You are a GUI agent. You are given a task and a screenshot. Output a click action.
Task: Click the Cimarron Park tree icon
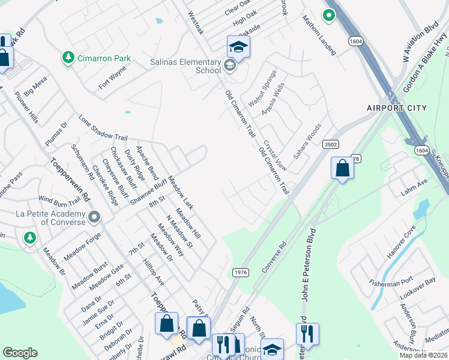(68, 58)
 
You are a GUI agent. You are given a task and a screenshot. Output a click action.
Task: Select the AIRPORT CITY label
(397, 108)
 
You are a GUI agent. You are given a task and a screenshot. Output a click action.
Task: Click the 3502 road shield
(330, 144)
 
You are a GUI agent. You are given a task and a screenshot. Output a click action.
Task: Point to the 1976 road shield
(240, 272)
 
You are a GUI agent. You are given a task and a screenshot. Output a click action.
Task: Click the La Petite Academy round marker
(94, 216)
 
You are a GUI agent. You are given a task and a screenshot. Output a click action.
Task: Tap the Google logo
(20, 353)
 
